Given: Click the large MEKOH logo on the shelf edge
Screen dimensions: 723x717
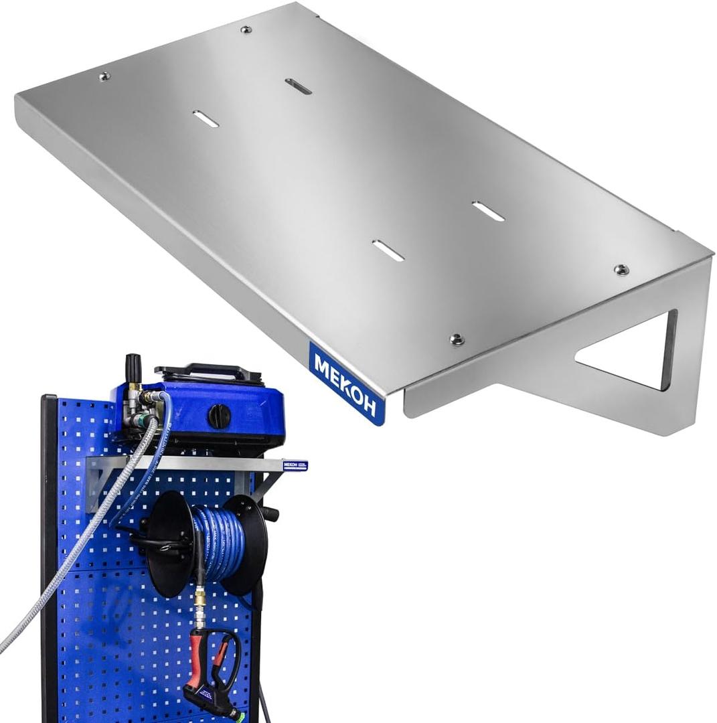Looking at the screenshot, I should (347, 384).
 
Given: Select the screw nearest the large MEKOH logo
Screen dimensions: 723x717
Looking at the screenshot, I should (457, 339).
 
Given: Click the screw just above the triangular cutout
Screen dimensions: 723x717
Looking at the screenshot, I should (621, 269).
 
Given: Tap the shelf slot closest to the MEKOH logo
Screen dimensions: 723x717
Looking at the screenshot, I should (388, 250).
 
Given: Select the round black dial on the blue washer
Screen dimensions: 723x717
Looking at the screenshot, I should (219, 416).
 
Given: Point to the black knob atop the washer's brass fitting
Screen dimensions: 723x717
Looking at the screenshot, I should (133, 366).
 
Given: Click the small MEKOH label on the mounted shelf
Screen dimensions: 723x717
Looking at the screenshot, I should (295, 465).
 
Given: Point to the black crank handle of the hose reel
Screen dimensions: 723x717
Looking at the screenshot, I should (269, 513).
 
